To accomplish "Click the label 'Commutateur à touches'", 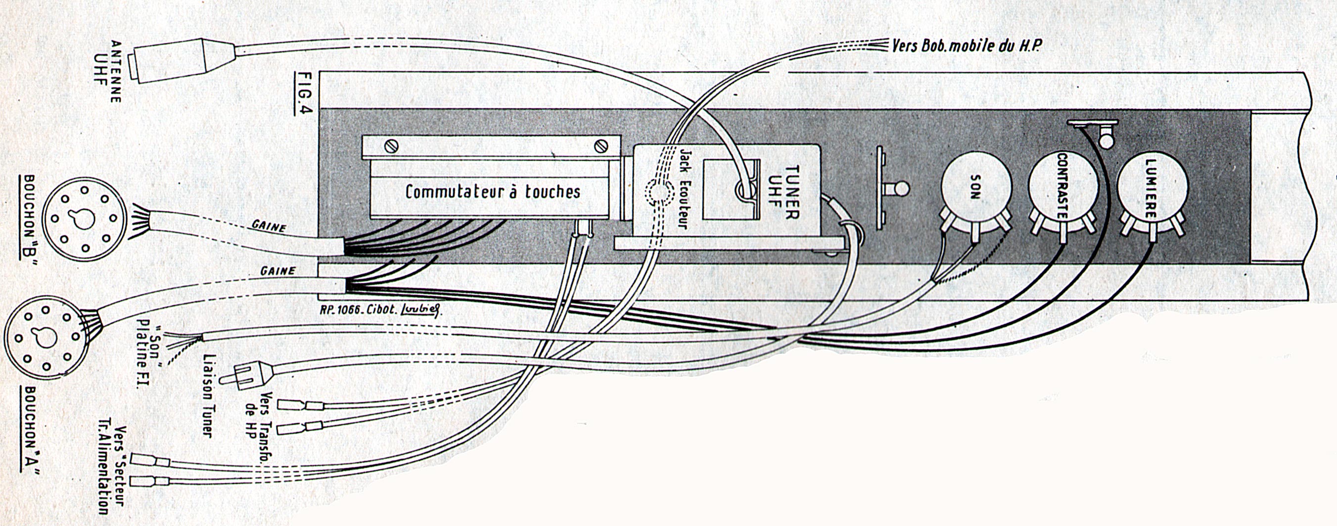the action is click(x=493, y=192).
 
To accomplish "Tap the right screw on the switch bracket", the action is click(x=602, y=146).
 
